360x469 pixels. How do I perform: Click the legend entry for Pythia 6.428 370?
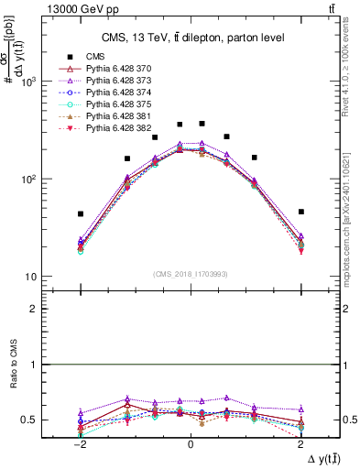pyautogui.click(x=119, y=69)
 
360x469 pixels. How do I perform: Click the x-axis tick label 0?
pyautogui.click(x=191, y=443)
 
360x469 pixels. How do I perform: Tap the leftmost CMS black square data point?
pyautogui.click(x=81, y=213)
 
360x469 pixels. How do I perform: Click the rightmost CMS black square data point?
pyautogui.click(x=300, y=212)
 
